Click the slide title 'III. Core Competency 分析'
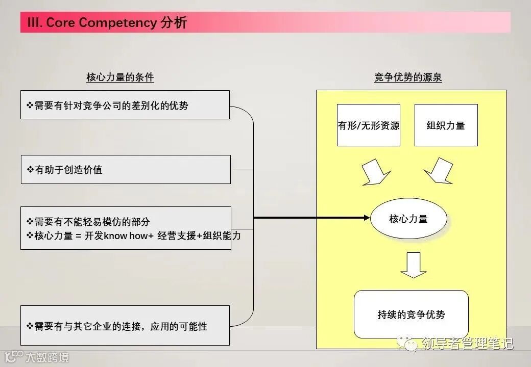107,22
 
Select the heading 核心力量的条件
120,77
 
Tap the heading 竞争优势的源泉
408,77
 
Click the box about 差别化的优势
125,105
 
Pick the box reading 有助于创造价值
125,170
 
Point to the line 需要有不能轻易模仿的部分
92,222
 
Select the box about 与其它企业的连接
125,326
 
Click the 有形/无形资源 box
369,125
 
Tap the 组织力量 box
446,125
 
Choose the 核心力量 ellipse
408,219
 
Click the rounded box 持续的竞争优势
411,314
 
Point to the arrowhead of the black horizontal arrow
366,218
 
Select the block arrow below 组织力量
439,172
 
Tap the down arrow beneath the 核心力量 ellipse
413,265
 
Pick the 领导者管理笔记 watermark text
467,344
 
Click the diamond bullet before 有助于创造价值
30,170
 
